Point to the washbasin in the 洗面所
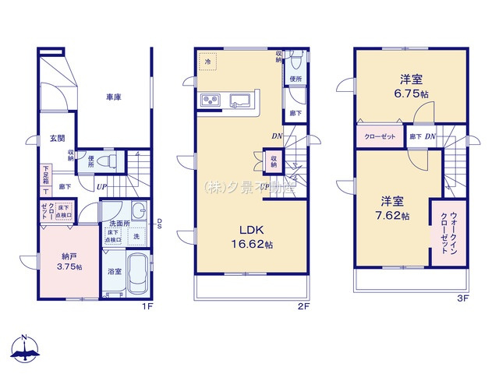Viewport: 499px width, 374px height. pyautogui.click(x=138, y=211)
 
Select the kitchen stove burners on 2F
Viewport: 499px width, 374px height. pyautogui.click(x=211, y=100)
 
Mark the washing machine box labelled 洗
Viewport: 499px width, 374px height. pyautogui.click(x=136, y=236)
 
